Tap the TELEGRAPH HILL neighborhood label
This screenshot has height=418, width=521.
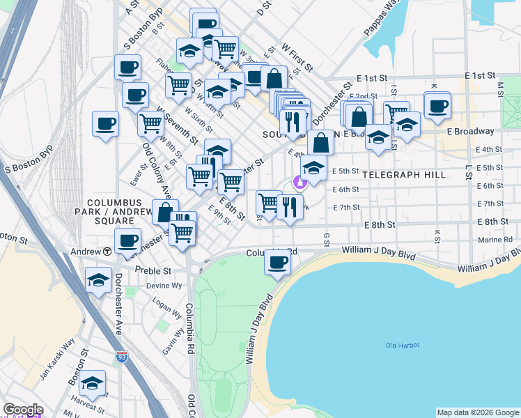[403, 175]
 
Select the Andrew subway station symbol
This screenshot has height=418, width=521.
[108, 251]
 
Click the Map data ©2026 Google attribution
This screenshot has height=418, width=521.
[478, 412]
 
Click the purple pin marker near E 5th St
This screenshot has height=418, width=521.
[301, 183]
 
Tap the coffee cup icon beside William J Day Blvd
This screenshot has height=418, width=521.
[277, 263]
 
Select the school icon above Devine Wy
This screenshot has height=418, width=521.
[98, 280]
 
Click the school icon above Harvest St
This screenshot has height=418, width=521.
[91, 384]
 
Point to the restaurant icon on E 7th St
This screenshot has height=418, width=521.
[290, 206]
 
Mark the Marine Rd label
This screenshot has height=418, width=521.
[495, 240]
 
